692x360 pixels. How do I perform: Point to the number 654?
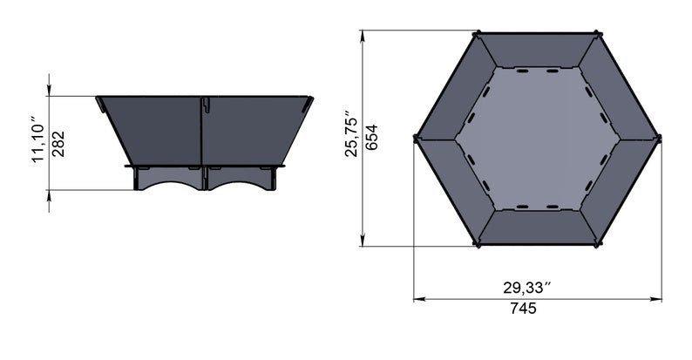point(371,136)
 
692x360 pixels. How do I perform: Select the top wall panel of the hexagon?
point(536,51)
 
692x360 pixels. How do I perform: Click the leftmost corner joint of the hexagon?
point(416,138)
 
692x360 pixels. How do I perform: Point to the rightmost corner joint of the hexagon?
point(658,138)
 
